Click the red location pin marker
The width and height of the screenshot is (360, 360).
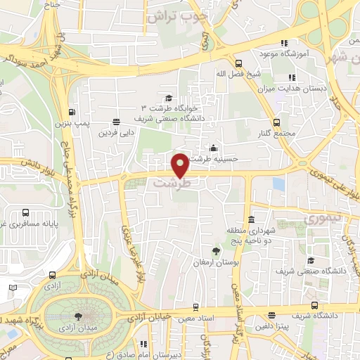pyautogui.click(x=181, y=165)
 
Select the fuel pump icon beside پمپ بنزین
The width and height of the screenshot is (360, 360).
pyautogui.click(x=72, y=112)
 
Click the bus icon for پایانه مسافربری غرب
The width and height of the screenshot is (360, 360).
pyautogui.click(x=25, y=212)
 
